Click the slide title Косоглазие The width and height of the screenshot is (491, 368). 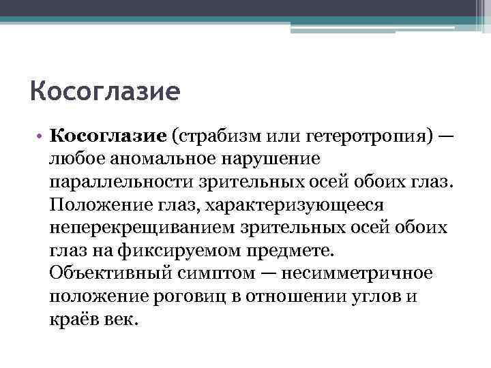[x=104, y=90]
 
